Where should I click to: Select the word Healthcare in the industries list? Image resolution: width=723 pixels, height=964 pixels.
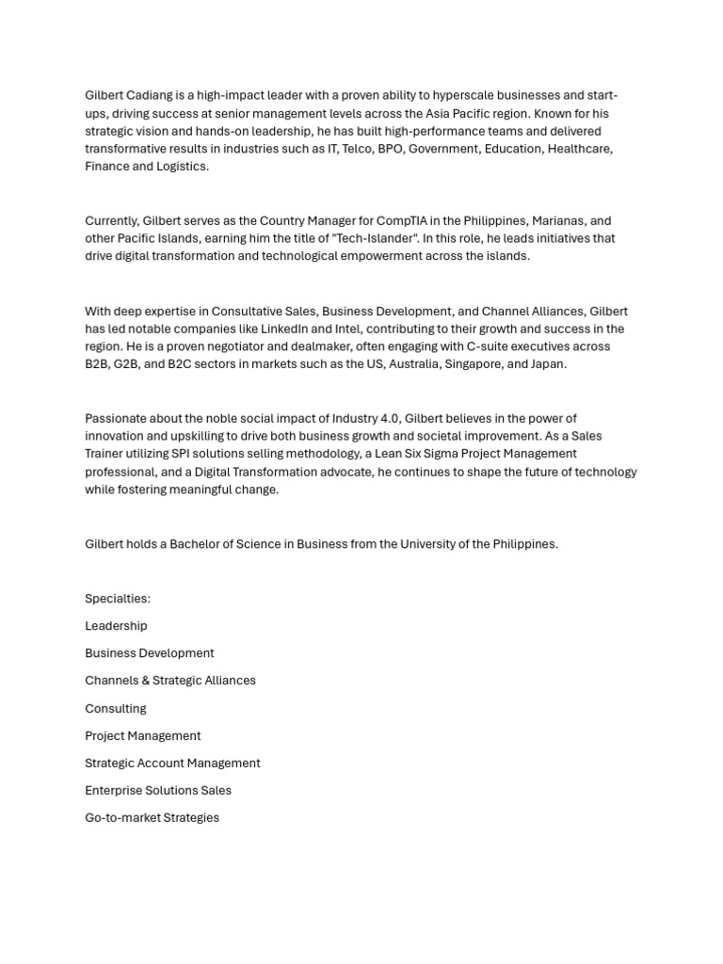580,149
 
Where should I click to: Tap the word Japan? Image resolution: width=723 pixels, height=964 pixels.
548,364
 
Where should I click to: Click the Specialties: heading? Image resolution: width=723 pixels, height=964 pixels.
118,599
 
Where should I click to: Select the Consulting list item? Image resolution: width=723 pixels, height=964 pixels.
116,709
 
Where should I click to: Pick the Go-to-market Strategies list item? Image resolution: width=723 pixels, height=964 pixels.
152,818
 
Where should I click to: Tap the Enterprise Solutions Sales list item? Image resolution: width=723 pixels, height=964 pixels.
158,791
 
